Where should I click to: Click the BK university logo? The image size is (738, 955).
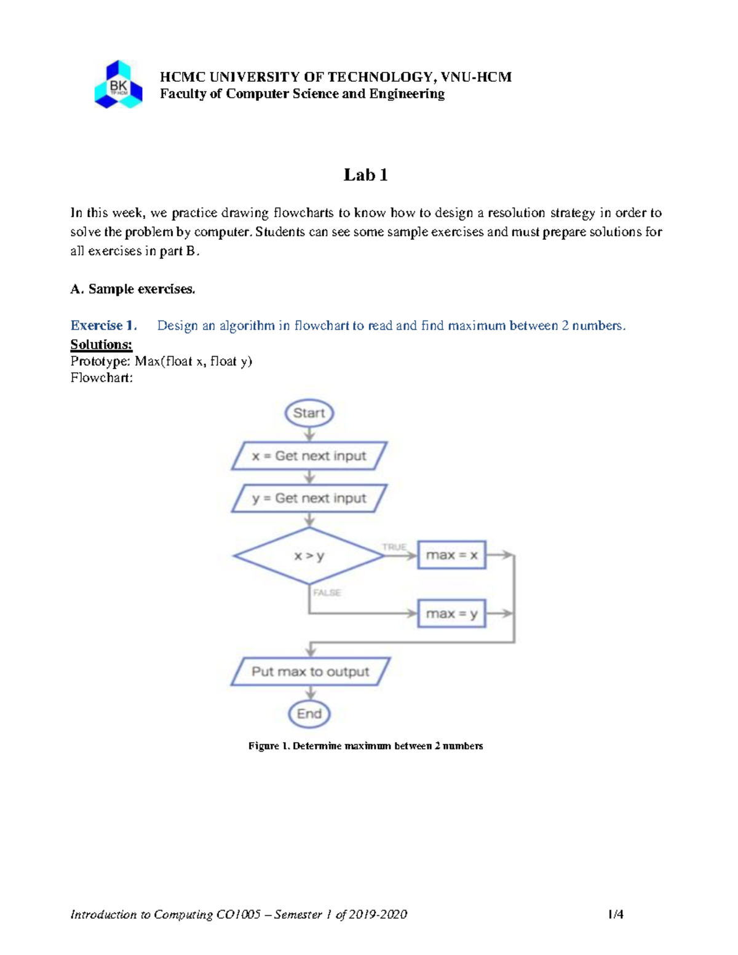point(118,85)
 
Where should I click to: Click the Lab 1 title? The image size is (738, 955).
point(365,175)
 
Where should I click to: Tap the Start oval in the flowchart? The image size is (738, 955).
point(309,413)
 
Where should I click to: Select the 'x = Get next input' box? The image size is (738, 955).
point(309,456)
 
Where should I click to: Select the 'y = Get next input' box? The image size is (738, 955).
point(309,498)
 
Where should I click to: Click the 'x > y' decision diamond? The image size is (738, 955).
point(309,556)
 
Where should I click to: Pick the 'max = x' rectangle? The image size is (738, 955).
point(451,555)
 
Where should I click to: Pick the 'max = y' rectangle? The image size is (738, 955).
point(451,614)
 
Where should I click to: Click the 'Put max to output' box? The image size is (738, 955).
point(310,672)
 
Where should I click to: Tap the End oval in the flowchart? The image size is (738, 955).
point(309,714)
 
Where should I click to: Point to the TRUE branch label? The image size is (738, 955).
point(394,547)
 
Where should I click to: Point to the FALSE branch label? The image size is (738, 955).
point(327,593)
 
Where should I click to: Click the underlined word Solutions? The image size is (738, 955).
point(101,344)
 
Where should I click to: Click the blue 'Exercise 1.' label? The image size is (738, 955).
point(103,325)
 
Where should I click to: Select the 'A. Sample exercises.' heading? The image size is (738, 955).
point(133,289)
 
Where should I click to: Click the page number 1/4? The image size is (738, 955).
point(615,914)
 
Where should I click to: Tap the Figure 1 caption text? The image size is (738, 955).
point(365,746)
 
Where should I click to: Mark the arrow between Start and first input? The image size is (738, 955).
point(309,434)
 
